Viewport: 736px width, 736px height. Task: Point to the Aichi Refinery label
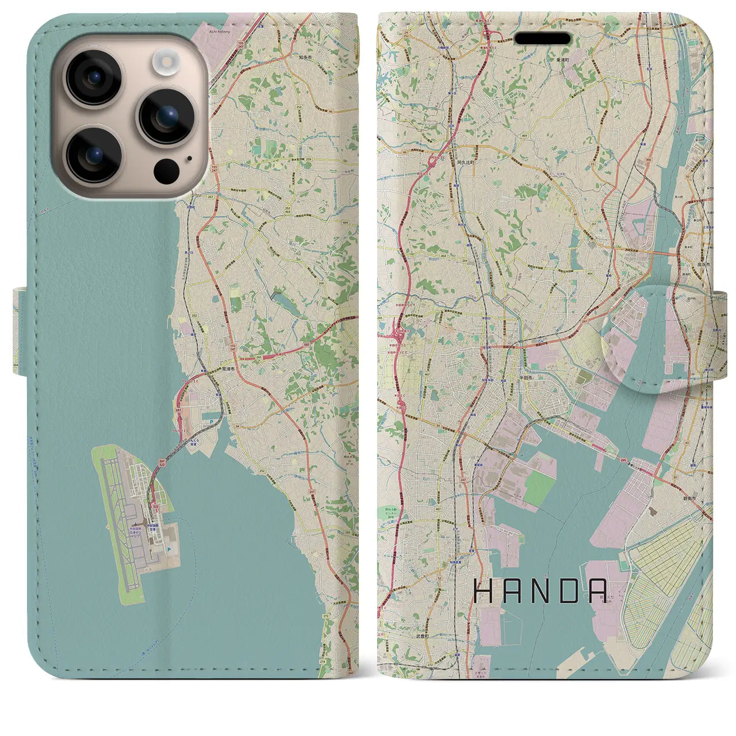coord(218,32)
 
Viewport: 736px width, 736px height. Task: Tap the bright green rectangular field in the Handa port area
coord(539,488)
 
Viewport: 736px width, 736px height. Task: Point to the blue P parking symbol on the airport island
coord(168,550)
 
